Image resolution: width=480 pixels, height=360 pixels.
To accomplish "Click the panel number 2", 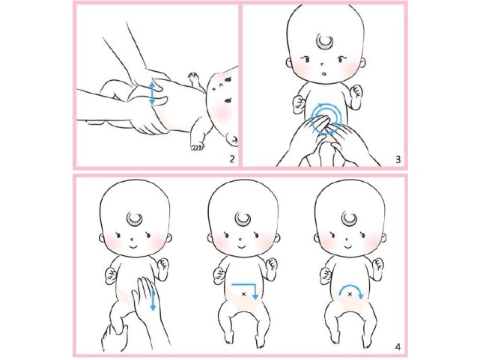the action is point(231,159).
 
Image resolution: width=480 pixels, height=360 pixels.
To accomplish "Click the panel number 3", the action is point(398,159).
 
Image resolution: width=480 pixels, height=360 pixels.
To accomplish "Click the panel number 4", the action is point(398,347).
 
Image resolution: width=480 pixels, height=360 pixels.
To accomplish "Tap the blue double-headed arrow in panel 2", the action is point(152,93).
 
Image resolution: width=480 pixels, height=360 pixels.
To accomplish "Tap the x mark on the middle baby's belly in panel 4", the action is point(243,294).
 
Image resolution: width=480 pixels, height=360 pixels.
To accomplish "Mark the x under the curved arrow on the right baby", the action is point(350,294).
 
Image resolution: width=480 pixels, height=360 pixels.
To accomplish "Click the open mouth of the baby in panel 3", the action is point(324,73).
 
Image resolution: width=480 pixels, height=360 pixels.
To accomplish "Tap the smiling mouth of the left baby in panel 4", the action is point(134,246).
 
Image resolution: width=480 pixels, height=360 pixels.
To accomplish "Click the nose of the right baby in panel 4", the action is point(347,239).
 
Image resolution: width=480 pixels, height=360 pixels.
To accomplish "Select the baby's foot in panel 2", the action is point(197,146).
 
